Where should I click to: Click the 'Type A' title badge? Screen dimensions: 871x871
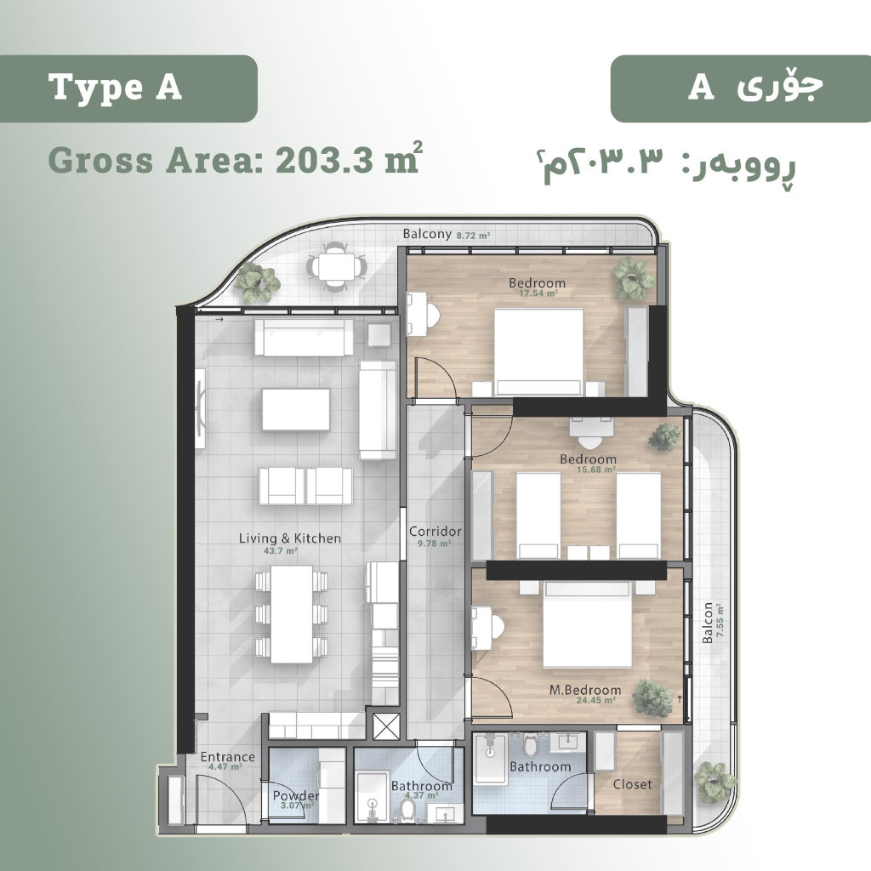[x=128, y=88]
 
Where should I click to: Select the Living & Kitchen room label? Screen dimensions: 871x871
[x=289, y=538]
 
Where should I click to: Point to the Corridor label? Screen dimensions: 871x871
[x=435, y=532]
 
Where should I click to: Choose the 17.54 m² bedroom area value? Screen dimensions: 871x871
[x=538, y=293]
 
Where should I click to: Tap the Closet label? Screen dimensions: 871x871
[x=632, y=783]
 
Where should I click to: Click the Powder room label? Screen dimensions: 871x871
[x=295, y=796]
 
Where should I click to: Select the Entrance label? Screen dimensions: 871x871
[x=227, y=756]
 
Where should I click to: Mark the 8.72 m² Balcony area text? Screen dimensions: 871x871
[x=473, y=236]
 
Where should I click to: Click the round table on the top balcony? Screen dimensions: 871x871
[x=337, y=267]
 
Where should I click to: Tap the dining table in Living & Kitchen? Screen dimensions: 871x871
[x=292, y=613]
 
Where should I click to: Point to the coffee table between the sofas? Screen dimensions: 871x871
[x=295, y=409]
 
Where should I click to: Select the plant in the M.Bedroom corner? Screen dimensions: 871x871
[x=652, y=697]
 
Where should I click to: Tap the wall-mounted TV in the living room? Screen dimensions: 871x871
[x=200, y=409]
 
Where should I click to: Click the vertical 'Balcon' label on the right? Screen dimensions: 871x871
[x=708, y=623]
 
